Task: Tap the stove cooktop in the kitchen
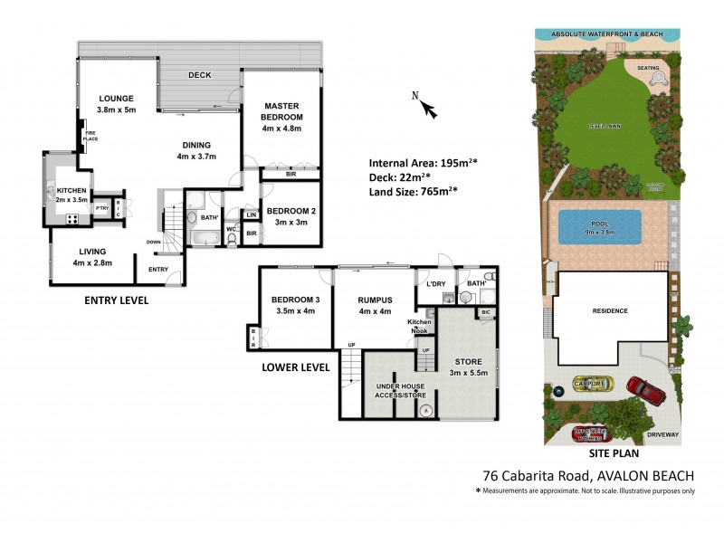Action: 71,218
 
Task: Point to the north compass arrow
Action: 428,110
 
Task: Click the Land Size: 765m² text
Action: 413,190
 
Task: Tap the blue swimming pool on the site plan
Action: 600,227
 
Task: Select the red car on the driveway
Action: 645,389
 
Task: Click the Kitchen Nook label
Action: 419,327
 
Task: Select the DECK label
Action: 199,75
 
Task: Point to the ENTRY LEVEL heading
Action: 116,300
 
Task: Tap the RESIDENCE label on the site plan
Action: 609,310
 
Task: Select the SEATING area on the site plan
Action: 648,67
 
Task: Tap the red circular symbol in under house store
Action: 425,410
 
